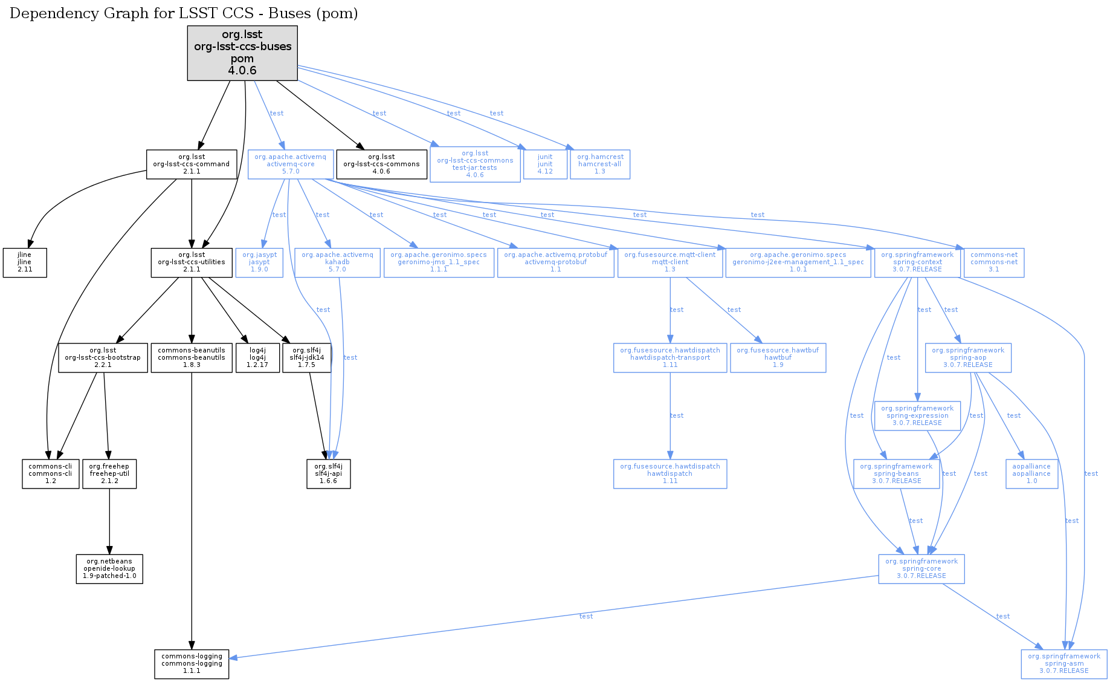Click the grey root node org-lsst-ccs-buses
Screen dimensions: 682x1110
point(242,53)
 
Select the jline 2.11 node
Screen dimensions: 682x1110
point(25,262)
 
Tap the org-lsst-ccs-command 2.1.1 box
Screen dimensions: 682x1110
point(192,164)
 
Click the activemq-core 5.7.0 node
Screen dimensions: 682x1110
point(291,164)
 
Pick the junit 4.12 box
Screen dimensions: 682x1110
point(545,164)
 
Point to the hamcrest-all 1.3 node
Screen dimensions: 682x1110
point(600,164)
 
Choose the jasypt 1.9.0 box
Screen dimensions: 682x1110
point(259,262)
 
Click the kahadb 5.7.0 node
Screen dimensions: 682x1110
point(337,262)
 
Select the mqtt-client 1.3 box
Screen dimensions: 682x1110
point(670,262)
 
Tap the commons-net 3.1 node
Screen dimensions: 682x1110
point(994,262)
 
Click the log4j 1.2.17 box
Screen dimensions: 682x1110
point(257,358)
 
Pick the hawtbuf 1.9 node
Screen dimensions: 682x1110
point(778,358)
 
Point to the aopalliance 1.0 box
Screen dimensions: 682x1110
point(1031,474)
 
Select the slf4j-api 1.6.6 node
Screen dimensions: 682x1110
point(328,474)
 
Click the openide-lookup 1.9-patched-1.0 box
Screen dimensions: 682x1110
point(109,569)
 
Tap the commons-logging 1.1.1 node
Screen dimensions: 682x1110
point(192,664)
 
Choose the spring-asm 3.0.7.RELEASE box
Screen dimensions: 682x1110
point(1064,664)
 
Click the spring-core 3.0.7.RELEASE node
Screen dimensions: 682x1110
point(921,569)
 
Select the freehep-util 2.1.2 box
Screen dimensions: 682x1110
point(109,474)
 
